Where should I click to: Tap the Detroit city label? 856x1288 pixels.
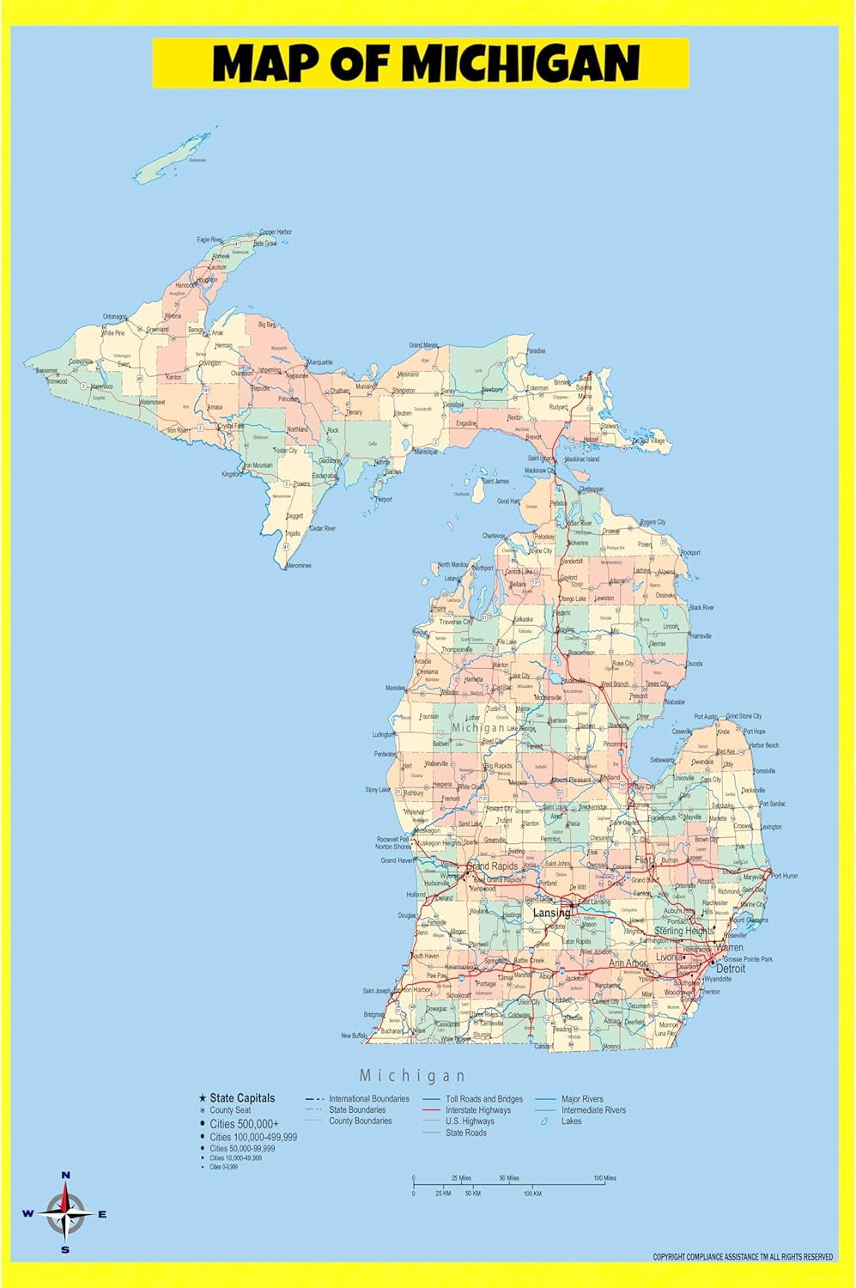click(731, 969)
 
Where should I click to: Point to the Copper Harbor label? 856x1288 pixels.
click(276, 232)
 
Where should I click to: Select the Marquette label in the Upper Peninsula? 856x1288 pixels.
click(319, 362)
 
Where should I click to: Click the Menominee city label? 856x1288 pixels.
click(298, 566)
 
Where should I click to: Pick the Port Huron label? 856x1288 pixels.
click(784, 876)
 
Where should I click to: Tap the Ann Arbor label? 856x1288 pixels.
click(628, 963)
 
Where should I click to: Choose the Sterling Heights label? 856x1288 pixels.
click(684, 931)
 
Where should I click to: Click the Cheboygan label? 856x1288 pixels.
click(591, 489)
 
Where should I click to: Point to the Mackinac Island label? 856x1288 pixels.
click(581, 459)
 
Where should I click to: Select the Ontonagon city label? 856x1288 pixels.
click(115, 317)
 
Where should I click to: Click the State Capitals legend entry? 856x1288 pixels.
click(242, 1097)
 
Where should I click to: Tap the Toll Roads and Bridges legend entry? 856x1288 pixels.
click(484, 1099)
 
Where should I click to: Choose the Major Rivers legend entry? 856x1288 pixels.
click(582, 1099)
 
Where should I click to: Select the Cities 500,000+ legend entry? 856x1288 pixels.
click(244, 1123)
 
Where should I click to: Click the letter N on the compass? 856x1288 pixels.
click(65, 1176)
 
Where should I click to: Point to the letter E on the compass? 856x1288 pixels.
click(102, 1214)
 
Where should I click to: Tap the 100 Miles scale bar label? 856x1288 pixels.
click(604, 1178)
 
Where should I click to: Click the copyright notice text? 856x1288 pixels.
click(743, 1257)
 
